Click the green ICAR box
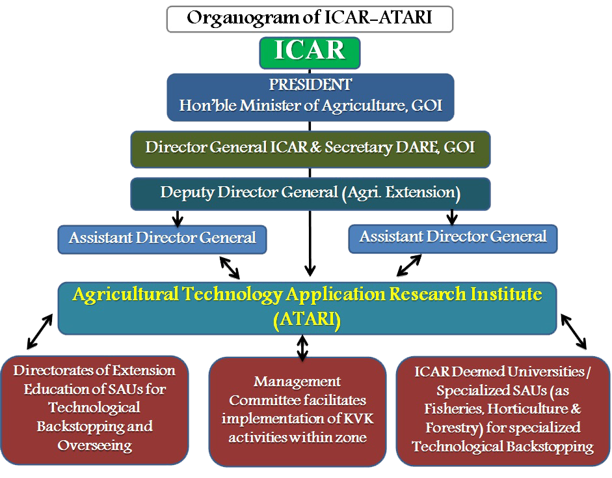click(310, 53)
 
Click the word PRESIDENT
click(310, 85)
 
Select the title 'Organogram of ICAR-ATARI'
click(310, 18)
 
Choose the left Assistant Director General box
click(163, 239)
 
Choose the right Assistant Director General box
click(453, 238)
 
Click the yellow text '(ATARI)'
click(307, 320)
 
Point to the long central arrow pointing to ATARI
click(310, 243)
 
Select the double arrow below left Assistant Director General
click(230, 268)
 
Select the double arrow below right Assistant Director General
click(409, 266)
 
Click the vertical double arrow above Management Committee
click(302, 347)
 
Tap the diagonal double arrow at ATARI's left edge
click(40, 331)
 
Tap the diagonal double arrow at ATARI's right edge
click(574, 331)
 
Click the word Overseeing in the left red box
click(95, 445)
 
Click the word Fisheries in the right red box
click(455, 409)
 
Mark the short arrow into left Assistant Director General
click(178, 218)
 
